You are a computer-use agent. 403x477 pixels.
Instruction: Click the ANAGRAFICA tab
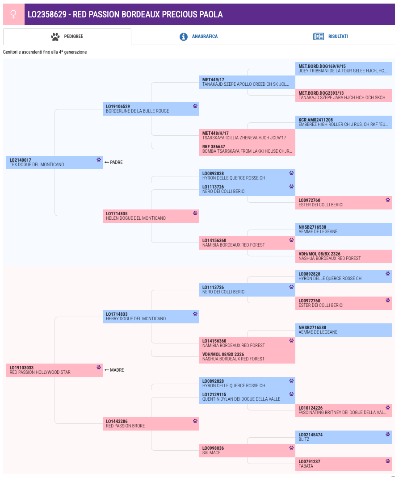pos(198,37)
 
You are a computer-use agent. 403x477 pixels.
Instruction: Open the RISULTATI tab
pos(330,37)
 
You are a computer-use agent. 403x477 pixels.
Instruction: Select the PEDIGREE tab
pos(67,37)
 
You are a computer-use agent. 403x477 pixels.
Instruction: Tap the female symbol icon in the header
pos(13,14)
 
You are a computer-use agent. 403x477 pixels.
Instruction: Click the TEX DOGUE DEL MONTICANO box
pos(55,163)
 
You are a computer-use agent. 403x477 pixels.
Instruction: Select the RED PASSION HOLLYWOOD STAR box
pos(55,370)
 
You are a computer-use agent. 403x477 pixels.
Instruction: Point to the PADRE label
pos(113,163)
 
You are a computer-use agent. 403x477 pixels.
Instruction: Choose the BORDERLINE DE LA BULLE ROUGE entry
pos(151,109)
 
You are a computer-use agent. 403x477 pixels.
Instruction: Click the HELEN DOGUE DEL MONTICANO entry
pos(151,216)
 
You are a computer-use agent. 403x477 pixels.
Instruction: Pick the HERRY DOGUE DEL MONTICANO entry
pos(151,317)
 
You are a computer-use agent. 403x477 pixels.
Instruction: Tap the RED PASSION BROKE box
pos(151,424)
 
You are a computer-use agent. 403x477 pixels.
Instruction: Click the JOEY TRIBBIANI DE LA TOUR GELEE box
pos(343,69)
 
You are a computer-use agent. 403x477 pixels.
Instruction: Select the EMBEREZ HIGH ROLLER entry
pos(343,122)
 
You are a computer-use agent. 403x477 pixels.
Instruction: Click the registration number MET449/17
pos(213,79)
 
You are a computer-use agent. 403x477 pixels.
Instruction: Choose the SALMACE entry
pos(247,451)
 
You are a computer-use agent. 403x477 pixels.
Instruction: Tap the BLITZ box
pos(343,437)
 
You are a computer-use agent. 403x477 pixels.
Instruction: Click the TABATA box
pos(343,464)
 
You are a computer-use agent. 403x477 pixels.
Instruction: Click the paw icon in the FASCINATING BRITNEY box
pos(388,408)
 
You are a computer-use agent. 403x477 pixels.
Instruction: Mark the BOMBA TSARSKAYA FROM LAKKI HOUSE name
pos(247,151)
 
